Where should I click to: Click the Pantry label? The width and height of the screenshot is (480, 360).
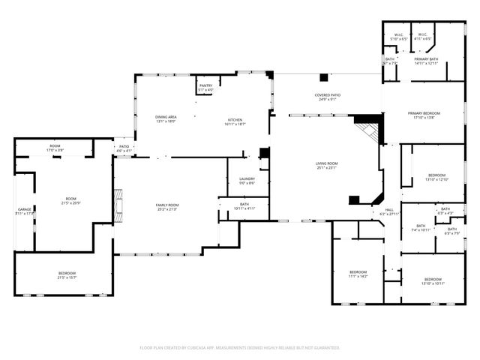pyautogui.click(x=205, y=88)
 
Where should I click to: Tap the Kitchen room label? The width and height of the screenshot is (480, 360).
pyautogui.click(x=235, y=121)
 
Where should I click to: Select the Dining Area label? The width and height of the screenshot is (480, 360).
pyautogui.click(x=165, y=118)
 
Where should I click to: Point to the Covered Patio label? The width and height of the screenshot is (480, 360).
pyautogui.click(x=328, y=97)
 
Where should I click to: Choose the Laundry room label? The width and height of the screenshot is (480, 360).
pyautogui.click(x=247, y=180)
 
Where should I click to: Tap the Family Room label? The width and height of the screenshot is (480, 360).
pyautogui.click(x=167, y=207)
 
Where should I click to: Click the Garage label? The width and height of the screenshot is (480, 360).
pyautogui.click(x=24, y=211)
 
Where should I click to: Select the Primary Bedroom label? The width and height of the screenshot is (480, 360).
pyautogui.click(x=424, y=115)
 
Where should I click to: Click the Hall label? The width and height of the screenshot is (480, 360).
pyautogui.click(x=389, y=211)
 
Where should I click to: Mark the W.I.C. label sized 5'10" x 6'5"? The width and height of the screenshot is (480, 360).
pyautogui.click(x=399, y=37)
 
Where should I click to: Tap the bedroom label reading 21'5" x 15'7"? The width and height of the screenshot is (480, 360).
pyautogui.click(x=67, y=274)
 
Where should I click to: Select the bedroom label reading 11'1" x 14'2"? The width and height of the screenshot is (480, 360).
pyautogui.click(x=358, y=274)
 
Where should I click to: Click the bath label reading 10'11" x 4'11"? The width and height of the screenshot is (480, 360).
pyautogui.click(x=245, y=205)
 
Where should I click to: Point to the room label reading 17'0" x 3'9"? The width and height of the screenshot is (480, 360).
pyautogui.click(x=55, y=148)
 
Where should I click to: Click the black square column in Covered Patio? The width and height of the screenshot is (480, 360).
pyautogui.click(x=323, y=77)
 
